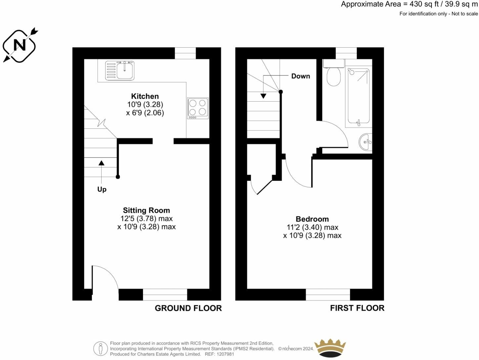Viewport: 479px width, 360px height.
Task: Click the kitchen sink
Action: click(120, 70)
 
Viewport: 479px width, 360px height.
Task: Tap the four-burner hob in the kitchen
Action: click(198, 108)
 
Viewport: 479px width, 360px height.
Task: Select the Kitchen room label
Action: click(145, 96)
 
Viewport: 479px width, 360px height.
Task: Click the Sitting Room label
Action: click(146, 210)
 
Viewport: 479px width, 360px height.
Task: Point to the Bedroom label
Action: click(312, 219)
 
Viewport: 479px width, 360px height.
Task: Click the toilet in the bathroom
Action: click(333, 75)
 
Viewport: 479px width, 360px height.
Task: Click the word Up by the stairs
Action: click(102, 189)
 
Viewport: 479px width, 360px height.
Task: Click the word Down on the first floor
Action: click(300, 76)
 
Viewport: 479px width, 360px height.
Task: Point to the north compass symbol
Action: click(20, 45)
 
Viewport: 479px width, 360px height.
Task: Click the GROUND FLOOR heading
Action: click(188, 308)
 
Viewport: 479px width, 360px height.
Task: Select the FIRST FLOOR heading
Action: click(357, 308)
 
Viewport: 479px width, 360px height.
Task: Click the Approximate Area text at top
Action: click(409, 4)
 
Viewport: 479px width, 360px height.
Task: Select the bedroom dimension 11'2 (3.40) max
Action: click(312, 227)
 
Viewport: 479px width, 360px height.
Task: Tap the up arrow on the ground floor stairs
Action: click(102, 163)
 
